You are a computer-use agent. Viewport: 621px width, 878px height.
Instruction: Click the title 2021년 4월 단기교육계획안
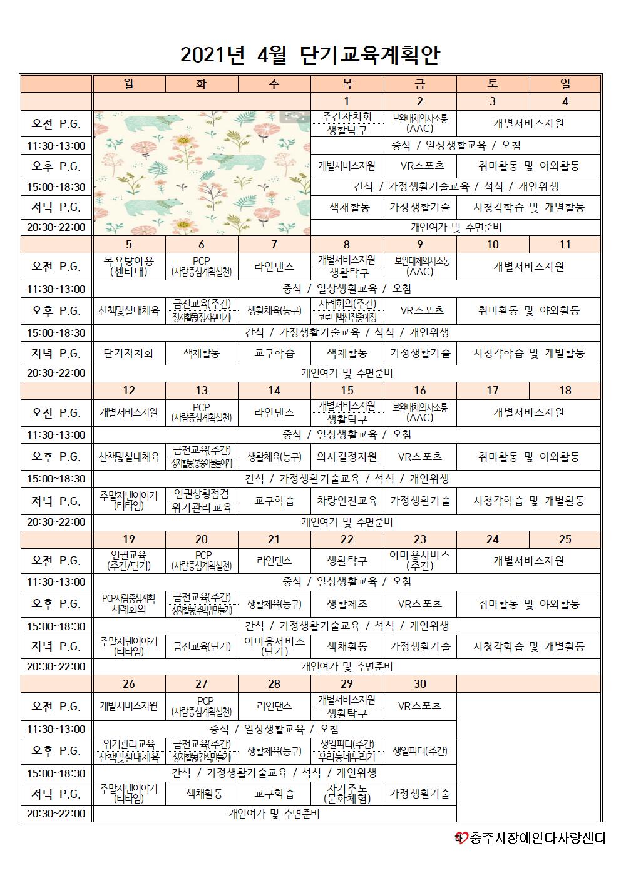(310, 55)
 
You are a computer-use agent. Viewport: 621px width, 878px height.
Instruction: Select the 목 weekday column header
(347, 84)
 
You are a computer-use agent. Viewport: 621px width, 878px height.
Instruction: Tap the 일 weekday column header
(565, 84)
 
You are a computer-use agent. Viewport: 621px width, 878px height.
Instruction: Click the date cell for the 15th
(347, 391)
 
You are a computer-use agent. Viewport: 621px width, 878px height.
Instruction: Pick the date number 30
(419, 684)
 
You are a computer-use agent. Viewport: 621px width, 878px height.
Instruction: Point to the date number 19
(129, 539)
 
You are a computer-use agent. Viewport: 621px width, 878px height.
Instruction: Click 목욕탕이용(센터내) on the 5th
(129, 267)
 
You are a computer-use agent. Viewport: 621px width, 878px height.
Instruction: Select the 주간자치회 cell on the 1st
(347, 117)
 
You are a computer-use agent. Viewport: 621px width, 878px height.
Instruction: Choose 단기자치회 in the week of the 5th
(129, 353)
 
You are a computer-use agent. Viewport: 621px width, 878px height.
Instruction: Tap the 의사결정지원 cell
(347, 457)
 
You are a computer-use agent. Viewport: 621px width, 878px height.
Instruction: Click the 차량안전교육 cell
(347, 501)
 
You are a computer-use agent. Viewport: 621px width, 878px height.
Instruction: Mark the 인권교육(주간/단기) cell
(129, 560)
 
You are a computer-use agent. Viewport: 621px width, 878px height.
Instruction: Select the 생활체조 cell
(347, 604)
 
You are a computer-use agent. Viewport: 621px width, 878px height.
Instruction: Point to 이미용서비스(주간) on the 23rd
(419, 560)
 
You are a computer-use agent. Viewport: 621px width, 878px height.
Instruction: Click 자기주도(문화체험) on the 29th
(347, 794)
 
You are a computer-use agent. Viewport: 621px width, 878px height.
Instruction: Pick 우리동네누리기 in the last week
(347, 757)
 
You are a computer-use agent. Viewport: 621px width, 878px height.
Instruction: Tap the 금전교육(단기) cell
(202, 646)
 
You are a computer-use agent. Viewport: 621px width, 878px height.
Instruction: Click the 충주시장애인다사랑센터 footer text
(538, 837)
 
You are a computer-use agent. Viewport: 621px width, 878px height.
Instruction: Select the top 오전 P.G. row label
(56, 124)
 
